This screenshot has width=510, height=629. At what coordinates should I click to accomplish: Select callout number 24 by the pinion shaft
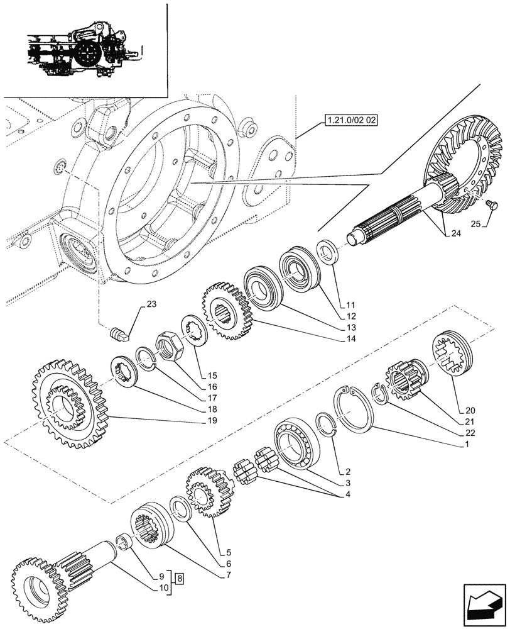click(454, 234)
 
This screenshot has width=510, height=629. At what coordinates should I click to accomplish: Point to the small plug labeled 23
click(119, 331)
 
